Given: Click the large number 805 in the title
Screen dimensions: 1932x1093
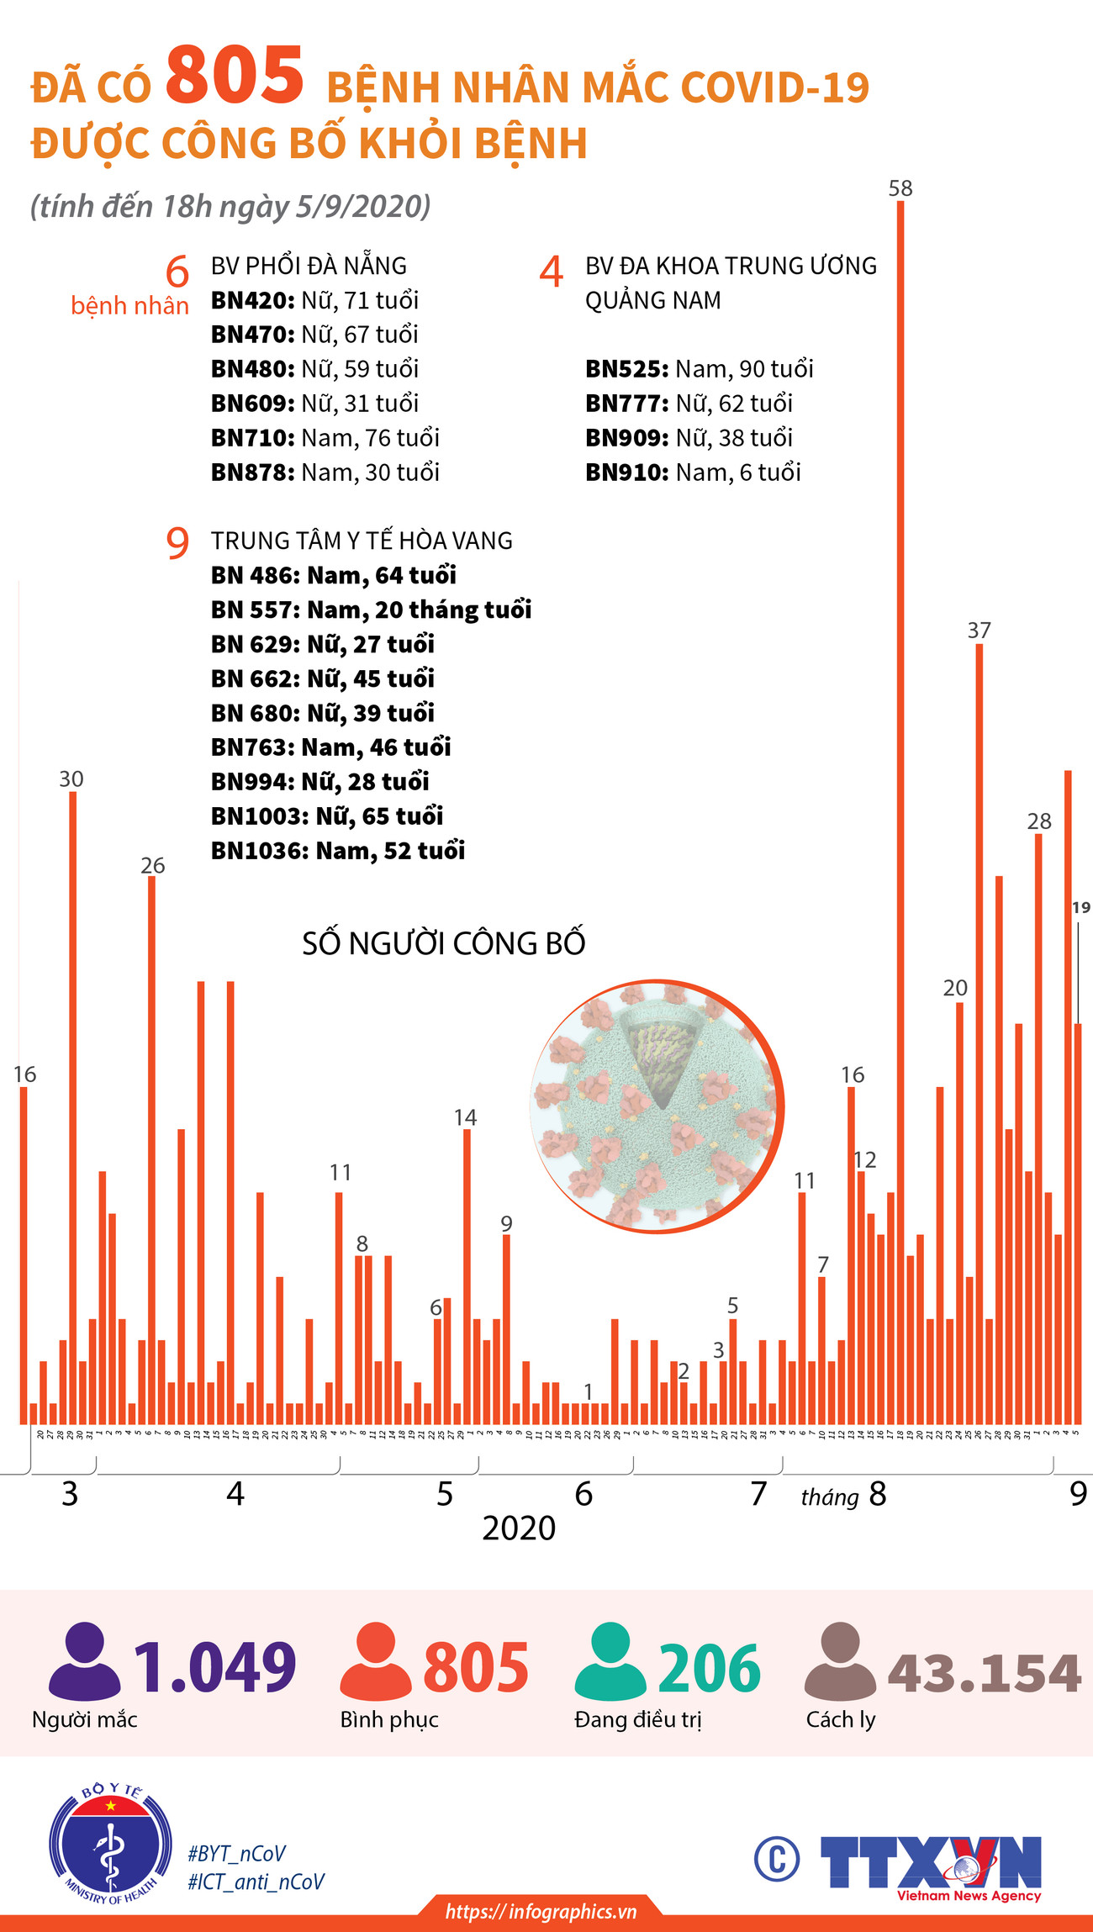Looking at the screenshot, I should pos(234,77).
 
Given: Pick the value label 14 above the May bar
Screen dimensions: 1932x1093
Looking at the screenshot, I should pos(465,1117).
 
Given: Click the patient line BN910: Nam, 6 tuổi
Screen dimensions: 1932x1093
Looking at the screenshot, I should pos(693,472).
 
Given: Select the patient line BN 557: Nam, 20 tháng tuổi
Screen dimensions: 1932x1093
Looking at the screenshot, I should pos(371,610).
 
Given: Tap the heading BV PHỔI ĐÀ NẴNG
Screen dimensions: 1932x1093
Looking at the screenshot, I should pos(309,266).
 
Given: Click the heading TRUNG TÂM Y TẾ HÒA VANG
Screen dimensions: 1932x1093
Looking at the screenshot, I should pos(362,541).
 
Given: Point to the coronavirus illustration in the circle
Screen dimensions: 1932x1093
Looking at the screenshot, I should pos(657,1106).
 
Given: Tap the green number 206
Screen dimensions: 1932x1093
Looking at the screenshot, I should pos(709,1669).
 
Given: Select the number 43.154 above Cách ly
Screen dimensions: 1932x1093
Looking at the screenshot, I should pos(984,1673).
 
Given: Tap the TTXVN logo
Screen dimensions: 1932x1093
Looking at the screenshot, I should pos(932,1868).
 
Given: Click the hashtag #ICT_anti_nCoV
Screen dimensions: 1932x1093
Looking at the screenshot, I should pos(256,1882).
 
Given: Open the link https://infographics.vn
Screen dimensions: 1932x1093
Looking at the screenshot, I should pos(541,1912).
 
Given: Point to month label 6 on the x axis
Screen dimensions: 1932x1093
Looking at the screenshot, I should pos(583,1494).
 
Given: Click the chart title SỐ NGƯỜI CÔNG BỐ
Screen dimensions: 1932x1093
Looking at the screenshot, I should pos(443,943).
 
